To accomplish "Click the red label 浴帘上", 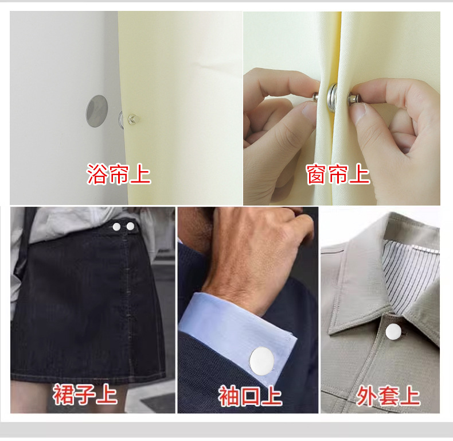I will [119, 174].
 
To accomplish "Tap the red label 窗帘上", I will [338, 174].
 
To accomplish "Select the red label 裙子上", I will [85, 395].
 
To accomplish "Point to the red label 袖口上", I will [250, 396].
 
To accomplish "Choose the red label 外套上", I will [388, 396].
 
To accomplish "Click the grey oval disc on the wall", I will [96, 111].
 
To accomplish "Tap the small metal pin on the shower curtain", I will [132, 119].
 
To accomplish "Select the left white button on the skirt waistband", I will [117, 227].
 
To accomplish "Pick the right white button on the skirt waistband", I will [130, 227].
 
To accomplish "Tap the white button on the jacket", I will [393, 331].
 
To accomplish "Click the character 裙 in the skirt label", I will [64, 395].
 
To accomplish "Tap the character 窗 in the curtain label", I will [317, 174].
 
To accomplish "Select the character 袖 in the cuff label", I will [229, 396].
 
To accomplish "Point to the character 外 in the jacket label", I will [367, 396].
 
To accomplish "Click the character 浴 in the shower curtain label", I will [97, 174].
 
